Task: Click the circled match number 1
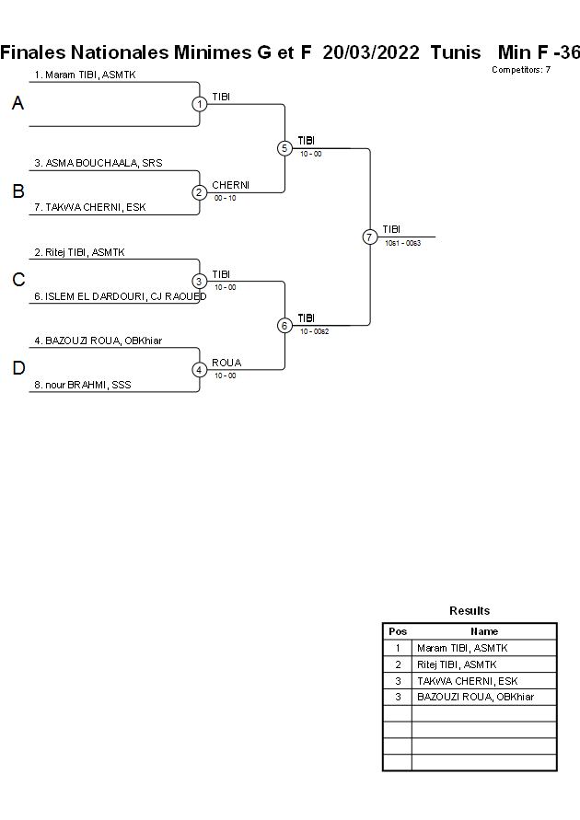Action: pyautogui.click(x=200, y=104)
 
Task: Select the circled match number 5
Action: pyautogui.click(x=284, y=148)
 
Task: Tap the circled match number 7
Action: pyautogui.click(x=369, y=237)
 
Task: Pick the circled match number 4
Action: pyautogui.click(x=200, y=370)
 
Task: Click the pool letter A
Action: pyautogui.click(x=17, y=104)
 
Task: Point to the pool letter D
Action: pyautogui.click(x=17, y=369)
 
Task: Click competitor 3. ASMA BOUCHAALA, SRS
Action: pyautogui.click(x=99, y=163)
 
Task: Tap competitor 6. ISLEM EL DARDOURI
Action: pyautogui.click(x=120, y=296)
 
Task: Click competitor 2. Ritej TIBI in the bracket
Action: pyautogui.click(x=79, y=251)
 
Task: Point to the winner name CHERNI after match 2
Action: pyautogui.click(x=230, y=185)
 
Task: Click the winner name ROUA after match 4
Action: pyautogui.click(x=226, y=363)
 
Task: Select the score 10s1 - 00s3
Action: pyautogui.click(x=402, y=243)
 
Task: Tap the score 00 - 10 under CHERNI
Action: pyautogui.click(x=225, y=198)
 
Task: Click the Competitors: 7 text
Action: pyautogui.click(x=521, y=70)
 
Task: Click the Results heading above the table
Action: pyautogui.click(x=470, y=610)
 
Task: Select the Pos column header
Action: pyautogui.click(x=398, y=631)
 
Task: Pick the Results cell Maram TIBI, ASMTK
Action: pyautogui.click(x=462, y=648)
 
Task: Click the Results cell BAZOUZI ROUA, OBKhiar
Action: pyautogui.click(x=475, y=698)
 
